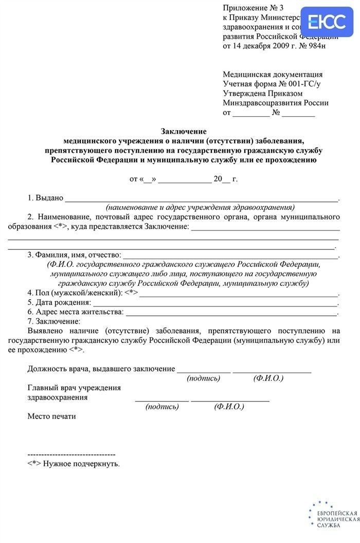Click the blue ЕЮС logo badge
click(327, 22)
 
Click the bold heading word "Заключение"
click(184, 131)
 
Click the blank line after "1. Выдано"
click(201, 199)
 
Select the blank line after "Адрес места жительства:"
click(231, 313)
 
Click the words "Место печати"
click(51, 417)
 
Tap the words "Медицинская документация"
click(273, 75)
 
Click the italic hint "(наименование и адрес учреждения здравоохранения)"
click(200, 208)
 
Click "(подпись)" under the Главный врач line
click(162, 407)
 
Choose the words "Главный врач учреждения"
click(74, 388)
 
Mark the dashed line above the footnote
click(71, 455)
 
